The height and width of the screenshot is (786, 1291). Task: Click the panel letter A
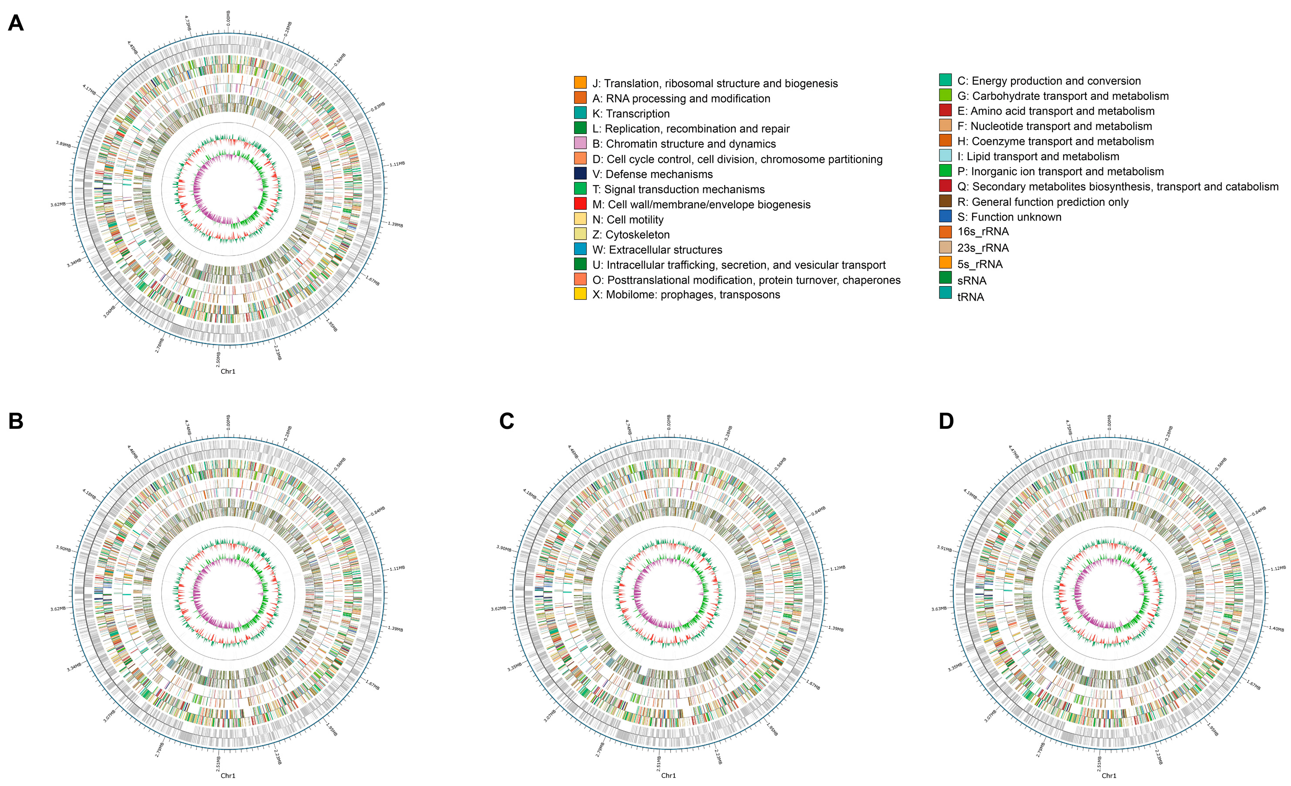[16, 23]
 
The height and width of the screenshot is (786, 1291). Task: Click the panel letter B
[16, 421]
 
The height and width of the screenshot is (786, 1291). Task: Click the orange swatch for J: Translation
[580, 82]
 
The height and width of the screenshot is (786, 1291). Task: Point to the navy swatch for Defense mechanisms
[580, 174]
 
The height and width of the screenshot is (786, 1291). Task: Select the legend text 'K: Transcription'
[631, 114]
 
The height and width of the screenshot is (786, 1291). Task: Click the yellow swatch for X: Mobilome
[580, 294]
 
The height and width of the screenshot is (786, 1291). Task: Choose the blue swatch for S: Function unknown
[945, 216]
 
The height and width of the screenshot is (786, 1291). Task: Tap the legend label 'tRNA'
[970, 297]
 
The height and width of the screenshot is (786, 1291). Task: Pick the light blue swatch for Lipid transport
[945, 156]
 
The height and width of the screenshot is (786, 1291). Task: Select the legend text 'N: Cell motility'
[628, 220]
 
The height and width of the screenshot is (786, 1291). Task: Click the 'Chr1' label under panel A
[228, 371]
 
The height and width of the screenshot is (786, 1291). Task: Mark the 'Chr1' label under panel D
[1109, 775]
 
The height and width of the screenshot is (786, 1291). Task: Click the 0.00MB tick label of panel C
[669, 422]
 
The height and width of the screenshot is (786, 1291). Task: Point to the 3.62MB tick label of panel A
[58, 204]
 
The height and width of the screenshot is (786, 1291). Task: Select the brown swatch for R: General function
[945, 201]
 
